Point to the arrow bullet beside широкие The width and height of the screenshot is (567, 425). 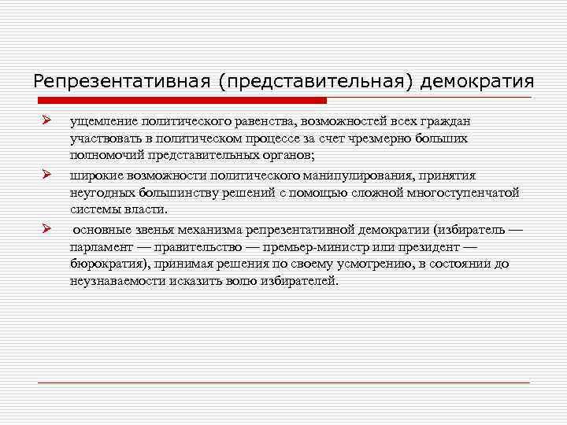tap(46, 174)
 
